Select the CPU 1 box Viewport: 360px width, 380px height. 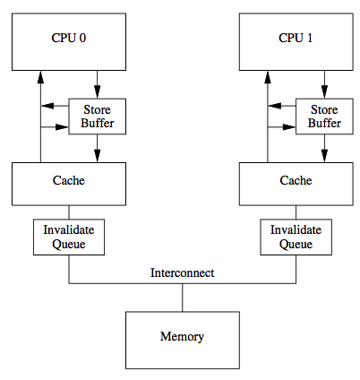[x=296, y=39]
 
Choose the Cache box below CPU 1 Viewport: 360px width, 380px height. [x=296, y=182]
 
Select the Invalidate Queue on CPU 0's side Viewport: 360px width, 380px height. [x=69, y=237]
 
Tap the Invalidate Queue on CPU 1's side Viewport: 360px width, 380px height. [x=296, y=237]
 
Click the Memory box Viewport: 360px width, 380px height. [x=182, y=338]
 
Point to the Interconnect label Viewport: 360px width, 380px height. [x=182, y=272]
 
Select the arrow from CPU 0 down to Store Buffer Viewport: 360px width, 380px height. [x=97, y=85]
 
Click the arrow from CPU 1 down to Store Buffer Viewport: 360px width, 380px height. [x=324, y=85]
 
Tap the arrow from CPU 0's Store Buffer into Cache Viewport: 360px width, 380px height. [x=97, y=149]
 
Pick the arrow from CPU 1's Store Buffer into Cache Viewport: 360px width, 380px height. [x=324, y=149]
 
